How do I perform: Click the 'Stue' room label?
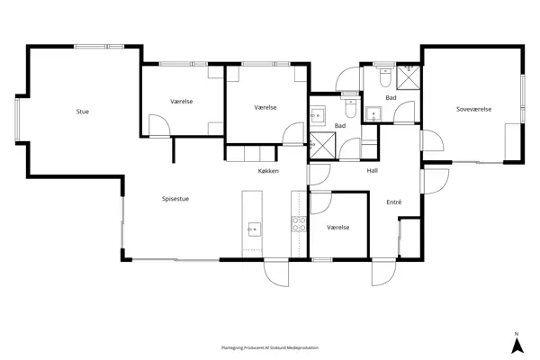(83, 112)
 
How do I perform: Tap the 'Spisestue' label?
(175, 199)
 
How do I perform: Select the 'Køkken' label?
(268, 170)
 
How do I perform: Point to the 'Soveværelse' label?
(473, 110)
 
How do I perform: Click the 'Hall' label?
(372, 170)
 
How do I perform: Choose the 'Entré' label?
(393, 202)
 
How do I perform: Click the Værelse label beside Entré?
(338, 228)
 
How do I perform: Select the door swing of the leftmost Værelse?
(212, 125)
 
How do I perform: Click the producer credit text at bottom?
(270, 347)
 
